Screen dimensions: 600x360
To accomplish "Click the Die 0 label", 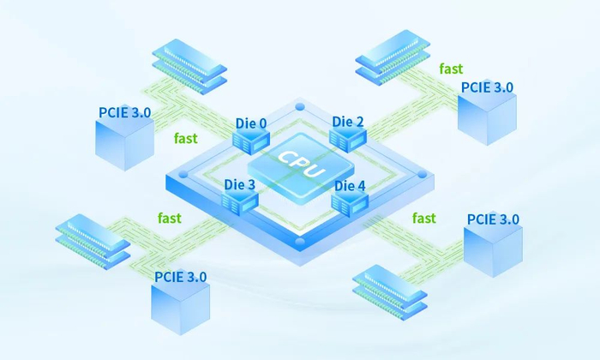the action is (x=251, y=123).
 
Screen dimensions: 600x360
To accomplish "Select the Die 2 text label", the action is (x=348, y=122).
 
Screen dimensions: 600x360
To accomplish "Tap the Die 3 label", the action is (x=239, y=184).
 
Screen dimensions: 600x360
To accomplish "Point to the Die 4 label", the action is (x=350, y=186).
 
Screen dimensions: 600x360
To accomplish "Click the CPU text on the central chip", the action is (x=301, y=164).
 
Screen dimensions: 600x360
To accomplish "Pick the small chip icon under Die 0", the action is (x=251, y=141).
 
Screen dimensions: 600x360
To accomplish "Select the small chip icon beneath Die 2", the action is (x=348, y=139).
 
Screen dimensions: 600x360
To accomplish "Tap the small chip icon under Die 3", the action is (x=240, y=202).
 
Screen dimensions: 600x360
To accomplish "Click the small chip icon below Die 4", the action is (x=350, y=203).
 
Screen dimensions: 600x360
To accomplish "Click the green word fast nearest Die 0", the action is (x=186, y=138).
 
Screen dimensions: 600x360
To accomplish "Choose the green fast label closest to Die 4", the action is (x=424, y=218).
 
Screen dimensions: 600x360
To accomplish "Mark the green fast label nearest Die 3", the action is (x=170, y=218).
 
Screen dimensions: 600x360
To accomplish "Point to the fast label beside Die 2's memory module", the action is (x=451, y=69).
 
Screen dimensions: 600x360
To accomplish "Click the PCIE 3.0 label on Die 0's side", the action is (x=125, y=112).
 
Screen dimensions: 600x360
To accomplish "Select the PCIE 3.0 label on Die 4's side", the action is (x=493, y=219).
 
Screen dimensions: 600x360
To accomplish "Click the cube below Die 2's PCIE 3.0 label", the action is (x=487, y=117).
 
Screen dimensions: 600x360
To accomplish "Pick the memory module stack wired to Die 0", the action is (x=189, y=66).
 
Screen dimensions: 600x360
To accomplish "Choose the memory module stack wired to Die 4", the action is (x=389, y=292).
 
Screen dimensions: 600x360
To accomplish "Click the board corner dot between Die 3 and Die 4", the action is (x=300, y=242).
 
